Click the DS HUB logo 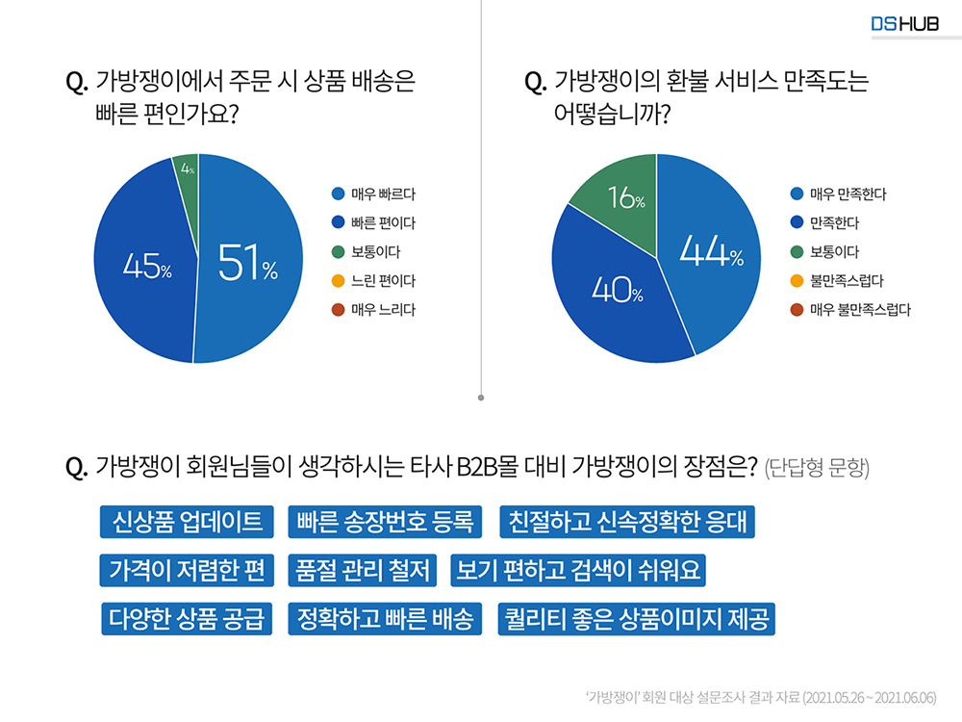904,23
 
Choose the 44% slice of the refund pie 712,255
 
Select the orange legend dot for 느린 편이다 337,281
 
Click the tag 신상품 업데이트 188,522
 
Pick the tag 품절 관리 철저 364,570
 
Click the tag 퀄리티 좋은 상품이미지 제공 636,618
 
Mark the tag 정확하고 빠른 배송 385,618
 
